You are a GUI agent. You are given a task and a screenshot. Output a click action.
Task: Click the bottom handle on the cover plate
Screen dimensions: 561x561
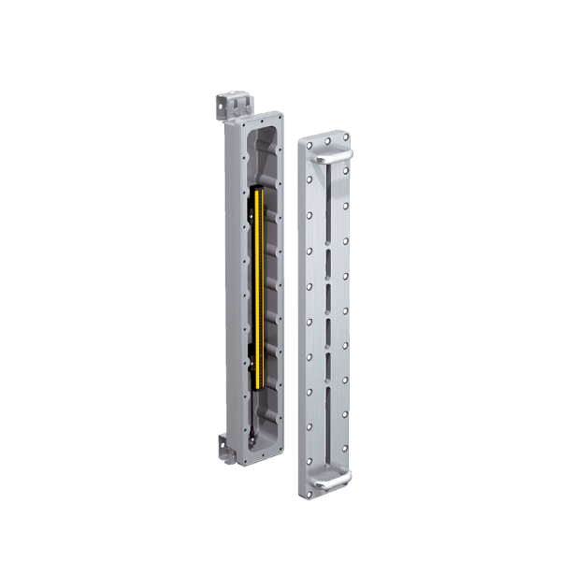click(333, 479)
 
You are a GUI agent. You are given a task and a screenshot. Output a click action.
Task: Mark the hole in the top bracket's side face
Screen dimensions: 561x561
click(225, 108)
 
